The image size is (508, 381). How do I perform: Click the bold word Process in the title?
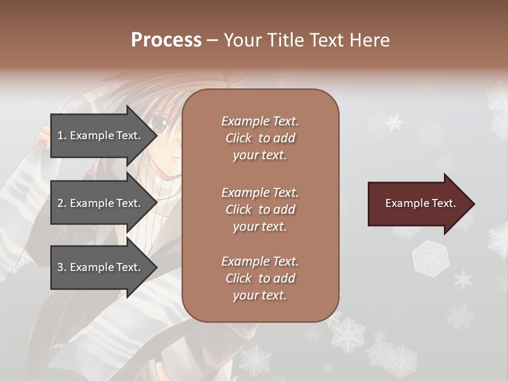click(166, 40)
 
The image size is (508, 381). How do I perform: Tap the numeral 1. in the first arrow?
click(61, 135)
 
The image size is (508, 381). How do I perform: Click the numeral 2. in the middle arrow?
click(61, 203)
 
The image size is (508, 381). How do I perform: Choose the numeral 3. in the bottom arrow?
click(61, 267)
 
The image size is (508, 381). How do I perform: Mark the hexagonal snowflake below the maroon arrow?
click(430, 257)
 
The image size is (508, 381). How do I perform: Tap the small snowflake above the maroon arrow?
click(394, 122)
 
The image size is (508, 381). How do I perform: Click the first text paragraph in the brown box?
click(260, 138)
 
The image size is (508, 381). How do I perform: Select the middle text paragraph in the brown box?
click(260, 210)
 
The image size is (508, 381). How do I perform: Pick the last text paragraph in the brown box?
click(260, 278)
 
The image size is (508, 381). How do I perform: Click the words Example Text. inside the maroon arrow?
click(420, 204)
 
